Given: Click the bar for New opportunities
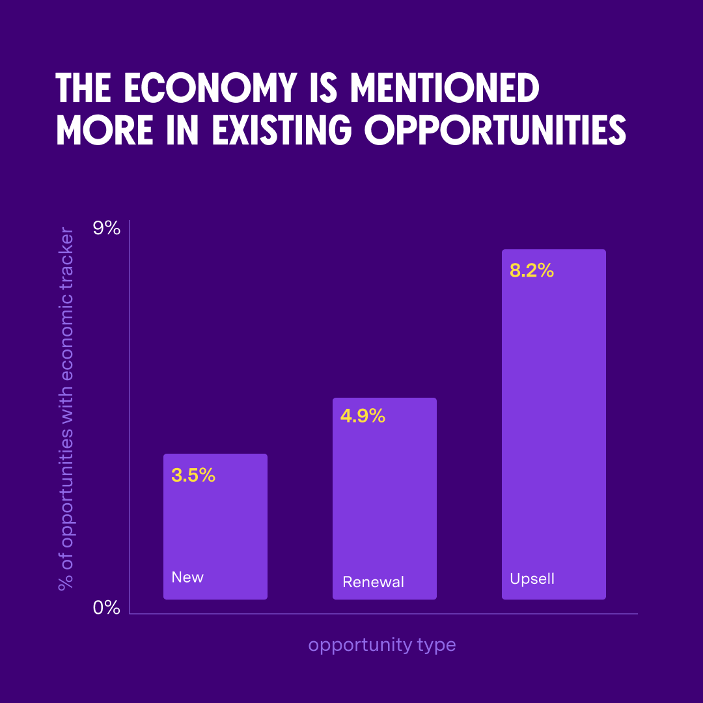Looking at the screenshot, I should click(215, 527).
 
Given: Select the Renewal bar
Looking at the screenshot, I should click(384, 501).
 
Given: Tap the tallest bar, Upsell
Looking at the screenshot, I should click(553, 423).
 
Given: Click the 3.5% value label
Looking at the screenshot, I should click(193, 475).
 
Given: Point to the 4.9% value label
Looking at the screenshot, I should click(363, 416).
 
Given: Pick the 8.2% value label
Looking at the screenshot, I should click(531, 271).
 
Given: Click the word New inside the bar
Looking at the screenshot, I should click(187, 577).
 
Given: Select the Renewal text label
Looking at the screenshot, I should click(373, 582).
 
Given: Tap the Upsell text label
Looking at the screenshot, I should click(532, 579).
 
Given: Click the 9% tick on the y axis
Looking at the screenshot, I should click(107, 228).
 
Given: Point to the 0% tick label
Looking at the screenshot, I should click(107, 608).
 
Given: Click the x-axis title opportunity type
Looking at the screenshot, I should click(382, 645).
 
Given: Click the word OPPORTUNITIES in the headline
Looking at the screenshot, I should click(495, 131).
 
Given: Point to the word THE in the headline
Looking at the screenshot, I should click(85, 89).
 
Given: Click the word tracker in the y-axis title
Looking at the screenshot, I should click(66, 257).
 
